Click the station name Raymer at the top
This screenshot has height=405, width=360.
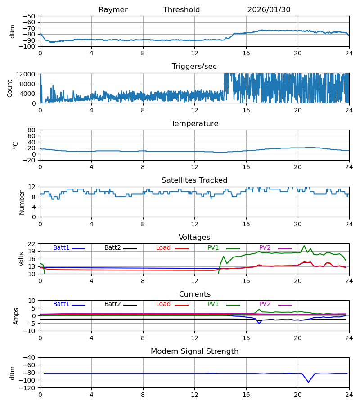coord(113,10)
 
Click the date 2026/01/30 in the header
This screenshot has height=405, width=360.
coord(269,10)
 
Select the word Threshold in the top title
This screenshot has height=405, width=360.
coord(181,10)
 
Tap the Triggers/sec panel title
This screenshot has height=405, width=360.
coord(194,67)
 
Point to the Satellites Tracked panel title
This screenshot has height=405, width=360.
coord(194,180)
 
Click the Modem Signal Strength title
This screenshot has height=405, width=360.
coord(194,351)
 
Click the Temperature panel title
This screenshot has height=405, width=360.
coord(194,124)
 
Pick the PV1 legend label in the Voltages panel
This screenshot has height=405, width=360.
coord(213,248)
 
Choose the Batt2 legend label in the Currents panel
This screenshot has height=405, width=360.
coord(112,304)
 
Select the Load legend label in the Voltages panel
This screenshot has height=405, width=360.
coord(163,248)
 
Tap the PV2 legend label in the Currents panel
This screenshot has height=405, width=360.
coord(265,304)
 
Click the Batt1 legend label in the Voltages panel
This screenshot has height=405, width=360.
coord(61,248)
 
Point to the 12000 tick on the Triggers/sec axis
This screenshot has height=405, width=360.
coord(27,74)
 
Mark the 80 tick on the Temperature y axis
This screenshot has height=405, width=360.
coord(31,130)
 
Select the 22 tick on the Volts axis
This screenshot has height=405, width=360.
coord(31,244)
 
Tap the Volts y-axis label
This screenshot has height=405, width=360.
coord(22,259)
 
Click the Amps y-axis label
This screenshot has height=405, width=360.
coord(17,316)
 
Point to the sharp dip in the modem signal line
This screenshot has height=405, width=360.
coord(309,382)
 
